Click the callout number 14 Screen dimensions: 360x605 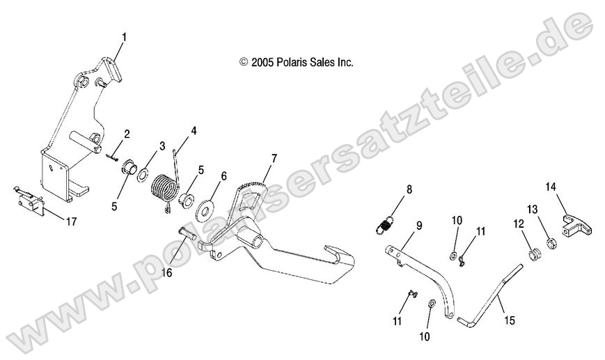[x=551, y=186]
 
